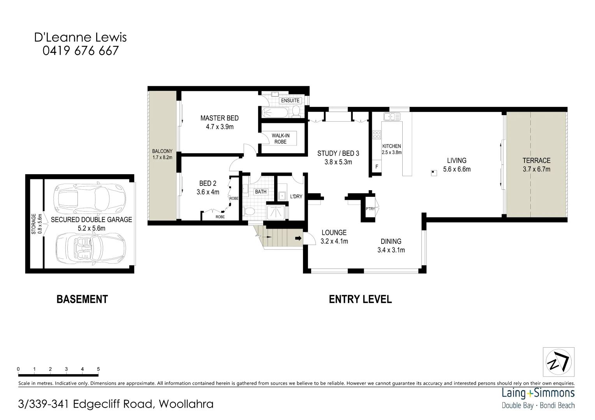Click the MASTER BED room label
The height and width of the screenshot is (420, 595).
tap(219, 118)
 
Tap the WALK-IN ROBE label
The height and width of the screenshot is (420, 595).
tap(280, 138)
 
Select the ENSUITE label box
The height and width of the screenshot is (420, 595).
tap(290, 100)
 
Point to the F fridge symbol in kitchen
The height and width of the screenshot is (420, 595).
tap(377, 166)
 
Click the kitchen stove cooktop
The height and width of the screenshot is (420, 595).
tap(377, 135)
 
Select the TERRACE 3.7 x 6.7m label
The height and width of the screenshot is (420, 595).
tap(536, 164)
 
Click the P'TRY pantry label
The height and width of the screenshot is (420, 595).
tap(370, 209)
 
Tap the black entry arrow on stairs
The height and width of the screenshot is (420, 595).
tap(298, 238)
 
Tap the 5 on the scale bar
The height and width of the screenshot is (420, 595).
tap(98, 369)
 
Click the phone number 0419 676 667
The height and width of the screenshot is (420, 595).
tap(80, 51)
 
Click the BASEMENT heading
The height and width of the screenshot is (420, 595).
tap(82, 299)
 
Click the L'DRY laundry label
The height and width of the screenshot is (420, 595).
tap(296, 196)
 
